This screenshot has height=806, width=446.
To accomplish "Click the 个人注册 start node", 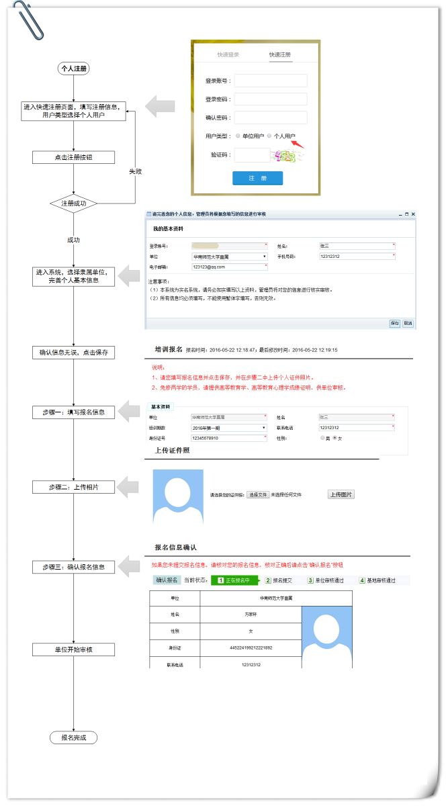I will point(74,69).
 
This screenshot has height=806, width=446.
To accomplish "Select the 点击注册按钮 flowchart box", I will point(74,157).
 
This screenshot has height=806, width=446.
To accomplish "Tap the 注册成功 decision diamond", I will point(74,203).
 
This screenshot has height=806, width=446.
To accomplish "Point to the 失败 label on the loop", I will point(135,171).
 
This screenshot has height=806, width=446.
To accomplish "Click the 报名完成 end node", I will point(74,737).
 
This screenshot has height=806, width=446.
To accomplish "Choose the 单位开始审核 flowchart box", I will point(74,650).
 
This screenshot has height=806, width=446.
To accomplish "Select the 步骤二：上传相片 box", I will point(74,487).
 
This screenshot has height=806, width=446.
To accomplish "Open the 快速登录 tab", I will point(228,54).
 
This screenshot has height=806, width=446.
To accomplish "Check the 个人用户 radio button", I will point(270,136).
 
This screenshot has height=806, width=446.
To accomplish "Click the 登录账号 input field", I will point(271,81).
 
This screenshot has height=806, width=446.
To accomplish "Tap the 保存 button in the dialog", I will point(394,323).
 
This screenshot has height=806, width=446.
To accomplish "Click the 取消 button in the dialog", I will point(408,323).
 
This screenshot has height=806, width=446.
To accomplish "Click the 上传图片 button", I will point(341,494).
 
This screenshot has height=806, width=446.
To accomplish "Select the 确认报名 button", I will point(166,580).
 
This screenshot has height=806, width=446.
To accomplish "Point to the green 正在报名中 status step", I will point(234,580).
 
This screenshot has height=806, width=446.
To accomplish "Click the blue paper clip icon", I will point(30,20).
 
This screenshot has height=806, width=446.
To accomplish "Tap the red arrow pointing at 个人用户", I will point(297,143).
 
